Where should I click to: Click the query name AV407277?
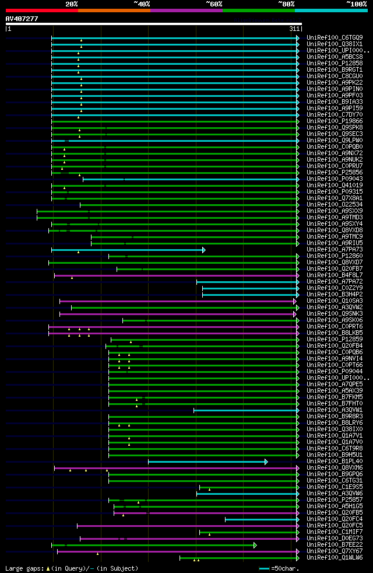[22, 19]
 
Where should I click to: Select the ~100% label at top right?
[356, 4]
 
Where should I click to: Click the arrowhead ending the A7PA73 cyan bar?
[204, 250]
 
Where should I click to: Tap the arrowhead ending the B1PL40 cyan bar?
[266, 462]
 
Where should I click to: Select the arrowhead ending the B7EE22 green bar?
[255, 545]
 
